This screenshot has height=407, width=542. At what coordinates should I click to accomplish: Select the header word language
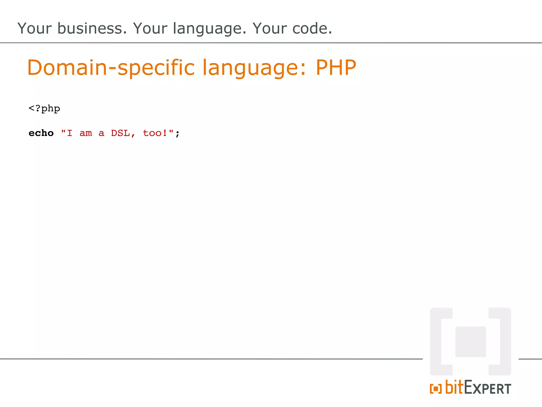point(209,29)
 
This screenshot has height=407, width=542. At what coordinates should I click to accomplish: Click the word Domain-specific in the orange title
point(111,68)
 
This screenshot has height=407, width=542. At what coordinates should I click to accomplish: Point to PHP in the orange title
point(336,68)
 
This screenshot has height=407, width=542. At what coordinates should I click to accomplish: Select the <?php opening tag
point(44,108)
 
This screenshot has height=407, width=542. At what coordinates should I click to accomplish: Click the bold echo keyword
point(41,133)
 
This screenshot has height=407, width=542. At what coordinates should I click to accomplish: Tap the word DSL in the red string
point(121,133)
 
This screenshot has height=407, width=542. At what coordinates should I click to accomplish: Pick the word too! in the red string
point(155,133)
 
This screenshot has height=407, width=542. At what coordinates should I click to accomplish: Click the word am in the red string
point(86,133)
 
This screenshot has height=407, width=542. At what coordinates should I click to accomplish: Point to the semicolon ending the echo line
point(177,134)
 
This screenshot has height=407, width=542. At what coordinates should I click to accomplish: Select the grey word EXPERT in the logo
point(487,388)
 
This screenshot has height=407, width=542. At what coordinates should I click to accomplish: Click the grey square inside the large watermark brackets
point(471,342)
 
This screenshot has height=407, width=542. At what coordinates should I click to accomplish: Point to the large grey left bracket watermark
point(437,342)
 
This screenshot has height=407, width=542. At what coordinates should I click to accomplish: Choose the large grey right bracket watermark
point(504,342)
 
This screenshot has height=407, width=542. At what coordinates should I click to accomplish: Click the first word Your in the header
point(34,28)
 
